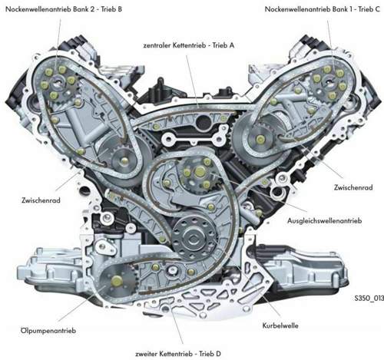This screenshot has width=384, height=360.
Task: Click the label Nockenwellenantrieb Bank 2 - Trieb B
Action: click(64, 9)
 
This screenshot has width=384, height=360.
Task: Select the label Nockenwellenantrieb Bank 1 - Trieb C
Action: click(323, 9)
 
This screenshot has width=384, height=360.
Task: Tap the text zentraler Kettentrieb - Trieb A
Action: click(189, 45)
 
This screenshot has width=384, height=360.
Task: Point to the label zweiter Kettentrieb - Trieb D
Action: click(178, 354)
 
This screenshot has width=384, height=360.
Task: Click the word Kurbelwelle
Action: click(280, 325)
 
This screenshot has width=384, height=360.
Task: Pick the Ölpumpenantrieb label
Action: click(48, 331)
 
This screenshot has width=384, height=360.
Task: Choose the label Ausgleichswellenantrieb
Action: click(325, 220)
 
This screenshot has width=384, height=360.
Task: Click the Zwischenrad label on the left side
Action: click(41, 200)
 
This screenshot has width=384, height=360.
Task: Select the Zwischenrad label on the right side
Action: click(353, 187)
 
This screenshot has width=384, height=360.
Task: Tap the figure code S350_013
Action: click(369, 298)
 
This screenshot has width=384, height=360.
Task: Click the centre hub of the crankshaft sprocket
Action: click(193, 239)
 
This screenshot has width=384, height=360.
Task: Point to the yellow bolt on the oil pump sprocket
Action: click(117, 281)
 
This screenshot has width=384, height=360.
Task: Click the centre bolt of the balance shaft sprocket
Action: click(200, 171)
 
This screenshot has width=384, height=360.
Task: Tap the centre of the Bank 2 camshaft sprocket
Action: click(58, 82)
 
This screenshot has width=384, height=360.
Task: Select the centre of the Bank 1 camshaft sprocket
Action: click(328, 82)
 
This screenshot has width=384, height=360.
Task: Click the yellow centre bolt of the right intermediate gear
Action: click(260, 139)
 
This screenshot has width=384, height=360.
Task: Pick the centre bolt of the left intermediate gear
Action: click(124, 160)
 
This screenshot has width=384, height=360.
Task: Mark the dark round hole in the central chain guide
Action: click(204, 122)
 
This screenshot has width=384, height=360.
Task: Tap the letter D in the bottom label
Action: click(218, 354)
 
